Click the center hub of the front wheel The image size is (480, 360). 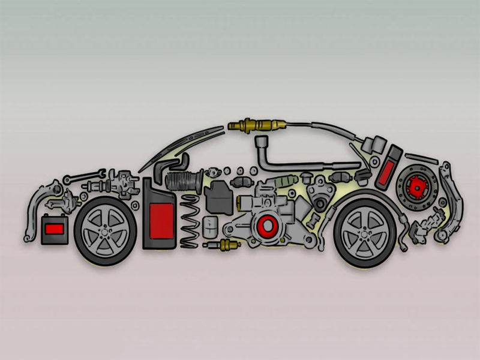106,231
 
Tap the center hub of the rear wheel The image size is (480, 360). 364,232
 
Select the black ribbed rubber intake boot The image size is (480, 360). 185,179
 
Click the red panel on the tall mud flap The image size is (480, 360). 159,217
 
